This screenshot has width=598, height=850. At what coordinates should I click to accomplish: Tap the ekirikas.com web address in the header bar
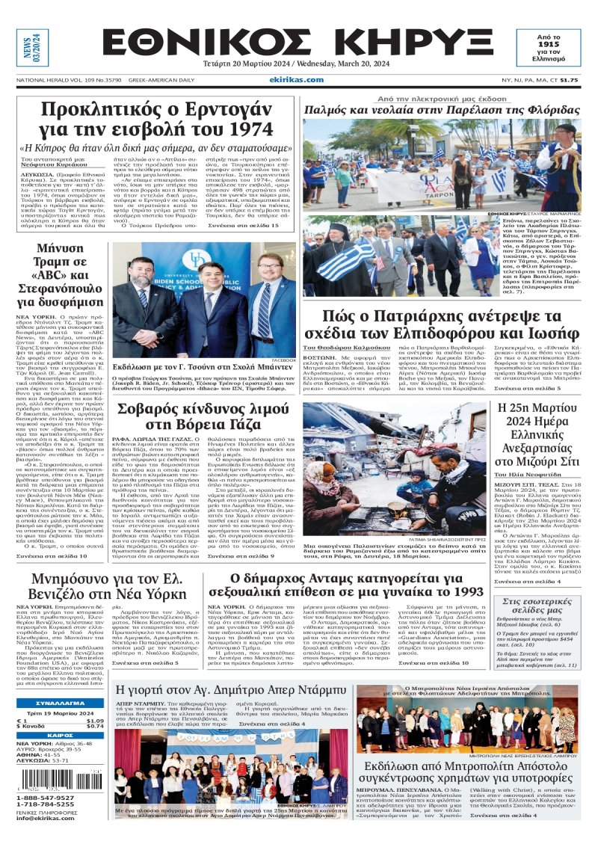[297, 80]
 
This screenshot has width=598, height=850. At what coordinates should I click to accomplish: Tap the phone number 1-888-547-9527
[49, 798]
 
